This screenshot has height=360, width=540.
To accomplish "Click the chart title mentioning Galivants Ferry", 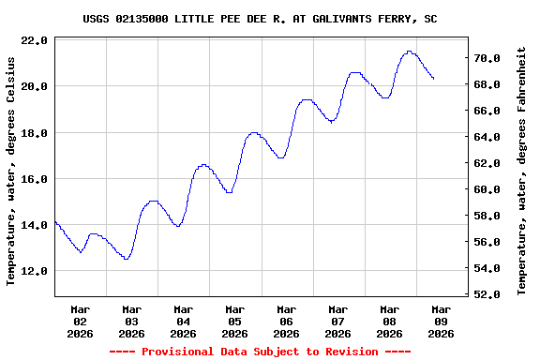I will coord(260,19).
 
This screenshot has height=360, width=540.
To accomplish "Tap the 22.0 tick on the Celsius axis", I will coord(34,40).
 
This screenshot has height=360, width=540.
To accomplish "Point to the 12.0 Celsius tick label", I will coord(34,271).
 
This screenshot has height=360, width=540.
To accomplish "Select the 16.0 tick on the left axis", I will coord(34,179).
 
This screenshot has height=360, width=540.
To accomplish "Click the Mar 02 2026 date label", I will coord(81,321).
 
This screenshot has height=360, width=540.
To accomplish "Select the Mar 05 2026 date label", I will coord(235,321).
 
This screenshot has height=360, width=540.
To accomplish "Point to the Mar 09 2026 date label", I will coord(441,321).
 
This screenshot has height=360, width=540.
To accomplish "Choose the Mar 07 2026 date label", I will coord(338,321).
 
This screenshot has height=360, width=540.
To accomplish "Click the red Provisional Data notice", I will coord(260,352).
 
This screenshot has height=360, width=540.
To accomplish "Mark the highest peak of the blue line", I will coord(409,52).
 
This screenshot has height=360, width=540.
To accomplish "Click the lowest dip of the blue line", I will coord(126,259).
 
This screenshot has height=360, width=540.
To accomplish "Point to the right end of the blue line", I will coord(433,79).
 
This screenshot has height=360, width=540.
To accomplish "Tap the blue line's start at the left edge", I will coord(55,221).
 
